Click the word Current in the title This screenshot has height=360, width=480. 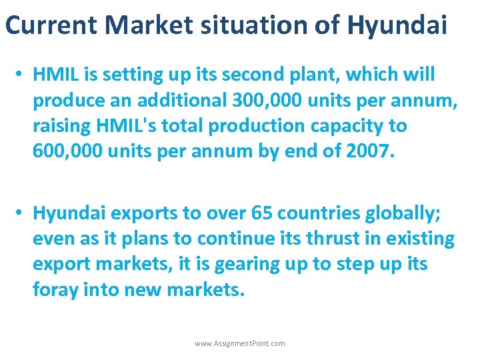(51, 26)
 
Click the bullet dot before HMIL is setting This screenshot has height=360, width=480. (22, 75)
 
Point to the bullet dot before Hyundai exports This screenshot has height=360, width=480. (22, 213)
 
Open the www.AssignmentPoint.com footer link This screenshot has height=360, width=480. (239, 343)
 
